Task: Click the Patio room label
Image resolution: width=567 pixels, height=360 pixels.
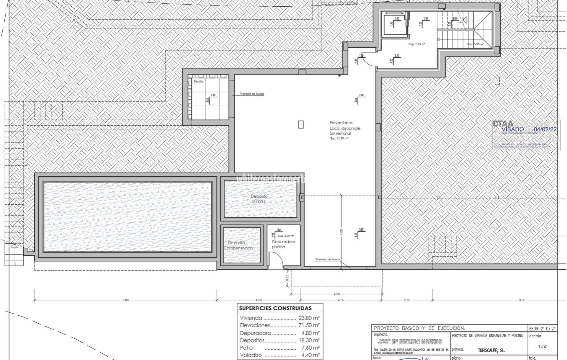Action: click(x=198, y=82)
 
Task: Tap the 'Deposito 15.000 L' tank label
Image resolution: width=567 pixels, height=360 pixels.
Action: click(x=259, y=199)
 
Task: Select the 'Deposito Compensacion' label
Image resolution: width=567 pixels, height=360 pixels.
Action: click(x=238, y=246)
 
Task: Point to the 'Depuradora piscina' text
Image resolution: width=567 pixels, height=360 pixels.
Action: click(x=283, y=244)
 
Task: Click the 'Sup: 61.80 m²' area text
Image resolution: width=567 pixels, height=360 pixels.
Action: click(x=339, y=138)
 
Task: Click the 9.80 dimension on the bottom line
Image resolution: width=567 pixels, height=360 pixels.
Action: click(x=125, y=300)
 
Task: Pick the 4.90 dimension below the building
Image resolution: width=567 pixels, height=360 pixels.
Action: click(x=336, y=294)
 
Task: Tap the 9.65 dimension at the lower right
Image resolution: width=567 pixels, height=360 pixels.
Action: click(x=522, y=300)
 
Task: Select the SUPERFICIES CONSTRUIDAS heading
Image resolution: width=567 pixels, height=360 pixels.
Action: click(x=275, y=308)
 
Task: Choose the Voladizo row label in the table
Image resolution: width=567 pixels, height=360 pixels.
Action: click(x=251, y=355)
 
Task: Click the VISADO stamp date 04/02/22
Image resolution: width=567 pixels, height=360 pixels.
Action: click(x=545, y=129)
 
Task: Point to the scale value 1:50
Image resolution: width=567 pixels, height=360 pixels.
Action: click(x=543, y=346)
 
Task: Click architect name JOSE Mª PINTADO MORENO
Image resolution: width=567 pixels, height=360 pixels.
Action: click(x=410, y=342)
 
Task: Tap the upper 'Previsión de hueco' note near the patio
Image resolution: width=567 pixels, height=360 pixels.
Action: click(x=251, y=94)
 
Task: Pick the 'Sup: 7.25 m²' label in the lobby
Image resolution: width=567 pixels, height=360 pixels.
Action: click(x=416, y=44)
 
